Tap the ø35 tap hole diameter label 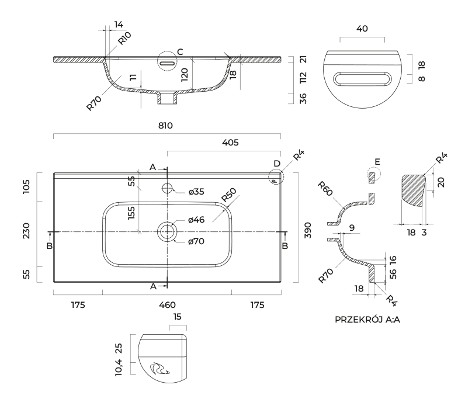pyautogui.click(x=196, y=191)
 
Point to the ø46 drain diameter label pyautogui.click(x=196, y=220)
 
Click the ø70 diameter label pyautogui.click(x=196, y=241)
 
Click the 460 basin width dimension pyautogui.click(x=167, y=305)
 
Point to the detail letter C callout pyautogui.click(x=180, y=53)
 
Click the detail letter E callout pyautogui.click(x=377, y=161)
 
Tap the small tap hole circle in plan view pyautogui.click(x=167, y=188)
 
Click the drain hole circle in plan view pyautogui.click(x=167, y=231)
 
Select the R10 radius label pyautogui.click(x=124, y=39)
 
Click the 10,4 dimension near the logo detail pyautogui.click(x=120, y=369)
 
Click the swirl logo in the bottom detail pyautogui.click(x=159, y=369)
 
